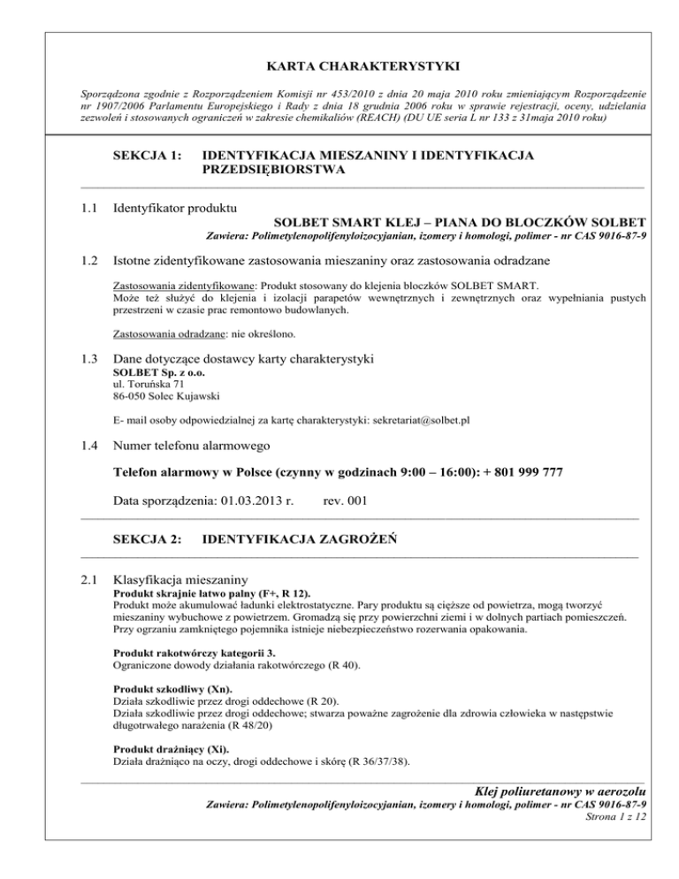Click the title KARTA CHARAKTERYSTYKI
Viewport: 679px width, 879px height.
point(339,64)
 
